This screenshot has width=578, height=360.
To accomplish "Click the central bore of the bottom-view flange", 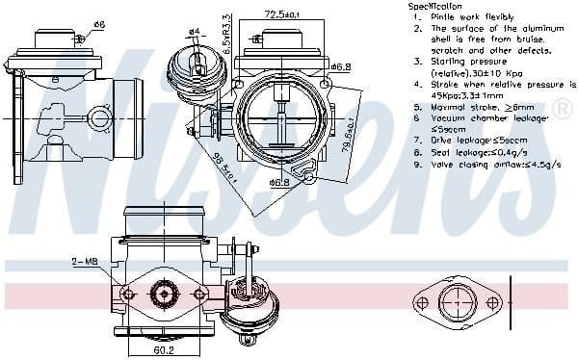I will pyautogui.click(x=165, y=294).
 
